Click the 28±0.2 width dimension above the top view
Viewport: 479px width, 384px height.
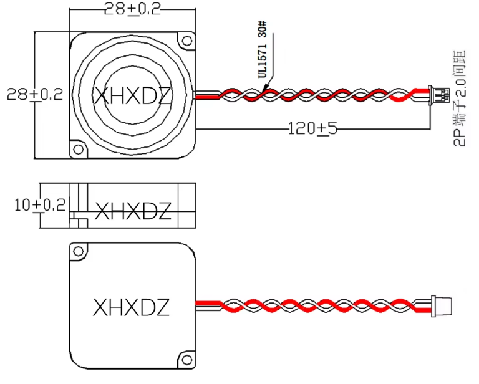[x=132, y=8]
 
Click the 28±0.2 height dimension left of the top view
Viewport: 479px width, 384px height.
[x=35, y=95]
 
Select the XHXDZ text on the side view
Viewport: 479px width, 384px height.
[x=132, y=212]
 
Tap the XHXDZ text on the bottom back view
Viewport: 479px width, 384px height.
[x=131, y=307]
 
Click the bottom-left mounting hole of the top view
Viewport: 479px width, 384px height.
[x=78, y=150]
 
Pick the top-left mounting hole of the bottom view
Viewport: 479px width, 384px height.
[x=78, y=252]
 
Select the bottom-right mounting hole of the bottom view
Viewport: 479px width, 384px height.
[x=186, y=358]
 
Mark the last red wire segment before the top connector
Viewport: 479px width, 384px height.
[x=403, y=96]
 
